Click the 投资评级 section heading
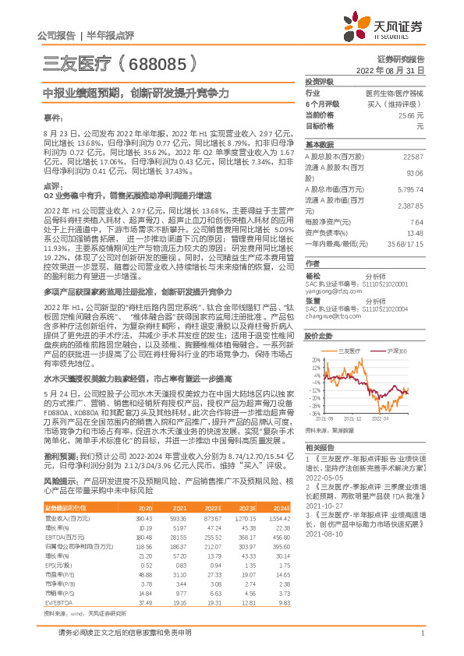(x=320, y=81)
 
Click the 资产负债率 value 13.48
(x=416, y=232)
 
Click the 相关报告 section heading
(x=320, y=447)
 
